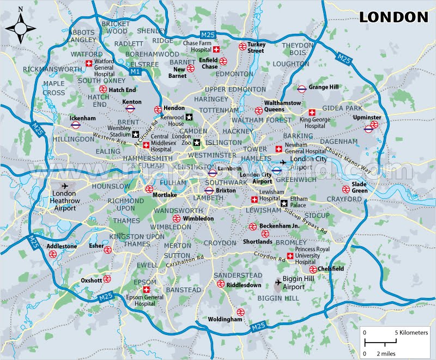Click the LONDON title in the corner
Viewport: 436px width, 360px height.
pos(393,17)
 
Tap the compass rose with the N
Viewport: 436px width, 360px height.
pos(20,25)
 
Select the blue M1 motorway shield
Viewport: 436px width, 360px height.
pos(135,71)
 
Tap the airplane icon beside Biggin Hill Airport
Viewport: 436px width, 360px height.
pos(278,283)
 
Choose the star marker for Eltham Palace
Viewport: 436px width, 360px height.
pos(284,203)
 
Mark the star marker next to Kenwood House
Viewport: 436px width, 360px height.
pos(189,117)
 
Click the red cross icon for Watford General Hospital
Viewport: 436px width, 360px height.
pos(89,64)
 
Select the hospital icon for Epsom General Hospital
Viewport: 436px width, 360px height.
pos(146,290)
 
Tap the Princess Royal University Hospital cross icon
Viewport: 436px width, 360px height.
pos(289,256)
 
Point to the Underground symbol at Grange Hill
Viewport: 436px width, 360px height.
pos(301,88)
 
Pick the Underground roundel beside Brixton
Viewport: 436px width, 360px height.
pos(209,191)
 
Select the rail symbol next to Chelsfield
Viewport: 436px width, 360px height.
pos(313,269)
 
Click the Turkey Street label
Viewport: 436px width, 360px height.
pos(255,47)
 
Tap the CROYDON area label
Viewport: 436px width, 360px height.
pos(220,242)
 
